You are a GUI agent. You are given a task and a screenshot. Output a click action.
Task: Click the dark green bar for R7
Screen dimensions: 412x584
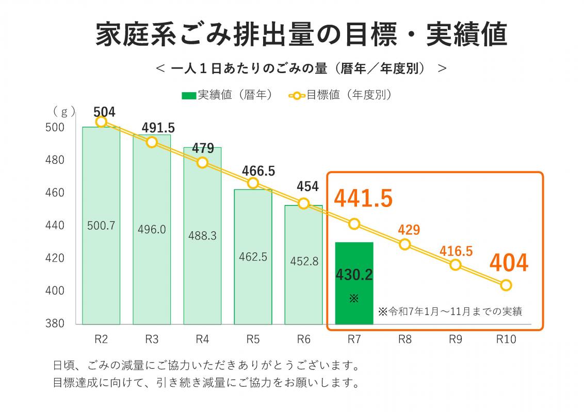354,283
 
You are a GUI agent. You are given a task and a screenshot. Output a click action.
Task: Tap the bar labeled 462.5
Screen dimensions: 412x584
253,256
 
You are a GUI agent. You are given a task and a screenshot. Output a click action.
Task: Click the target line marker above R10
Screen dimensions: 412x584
506,285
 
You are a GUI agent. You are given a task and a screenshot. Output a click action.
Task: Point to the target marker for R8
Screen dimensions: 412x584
405,244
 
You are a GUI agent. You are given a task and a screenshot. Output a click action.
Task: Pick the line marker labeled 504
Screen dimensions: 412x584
101,122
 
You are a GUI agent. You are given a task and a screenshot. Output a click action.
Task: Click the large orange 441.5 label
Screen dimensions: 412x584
364,199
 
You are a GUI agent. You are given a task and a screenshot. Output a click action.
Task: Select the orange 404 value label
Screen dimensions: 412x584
509,263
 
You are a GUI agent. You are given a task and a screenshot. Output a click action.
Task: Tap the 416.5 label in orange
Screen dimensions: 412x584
456,251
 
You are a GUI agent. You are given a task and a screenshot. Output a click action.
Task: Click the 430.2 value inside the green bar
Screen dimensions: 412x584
354,275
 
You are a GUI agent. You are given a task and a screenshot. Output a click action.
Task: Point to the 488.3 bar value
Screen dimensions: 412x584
202,235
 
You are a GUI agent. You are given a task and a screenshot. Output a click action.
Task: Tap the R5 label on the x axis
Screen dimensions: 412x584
253,339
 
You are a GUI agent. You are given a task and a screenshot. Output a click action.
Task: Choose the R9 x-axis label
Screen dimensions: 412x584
456,339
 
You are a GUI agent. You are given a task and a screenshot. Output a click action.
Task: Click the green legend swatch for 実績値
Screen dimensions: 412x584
189,95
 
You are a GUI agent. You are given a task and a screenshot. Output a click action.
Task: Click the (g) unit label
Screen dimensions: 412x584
64,111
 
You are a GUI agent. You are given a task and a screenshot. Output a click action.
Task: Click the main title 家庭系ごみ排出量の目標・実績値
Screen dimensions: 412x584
302,35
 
